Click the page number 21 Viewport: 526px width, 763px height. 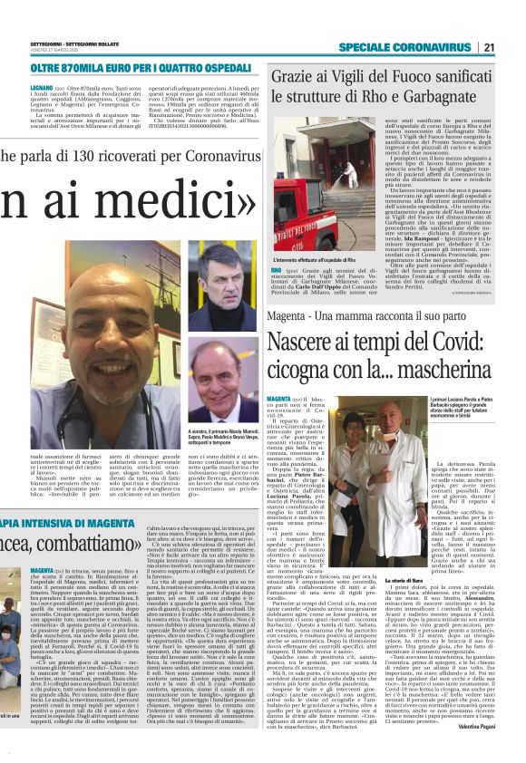[514, 48]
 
